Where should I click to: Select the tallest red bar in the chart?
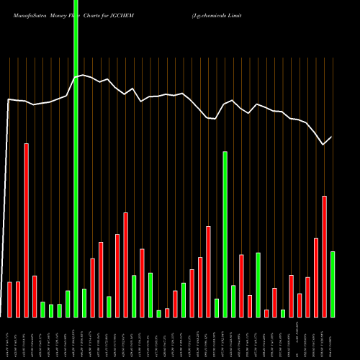point(27,230)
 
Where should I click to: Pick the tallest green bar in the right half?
point(225,234)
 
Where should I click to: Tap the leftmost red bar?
point(10,299)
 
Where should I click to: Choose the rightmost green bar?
point(333,284)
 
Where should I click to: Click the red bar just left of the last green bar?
point(324,256)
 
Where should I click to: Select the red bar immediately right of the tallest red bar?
point(35,296)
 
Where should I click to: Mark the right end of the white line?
point(332,137)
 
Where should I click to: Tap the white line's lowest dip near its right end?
point(324,145)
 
